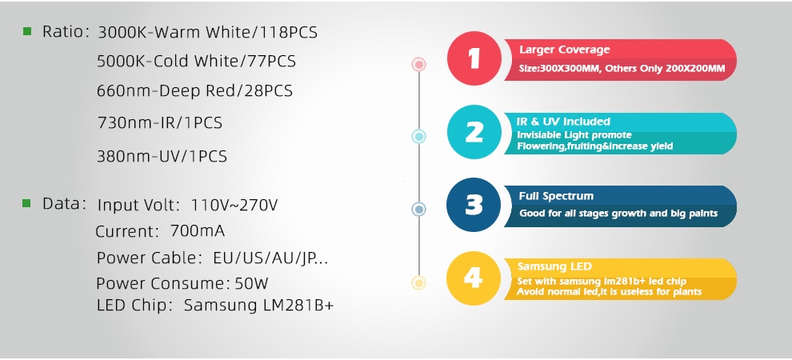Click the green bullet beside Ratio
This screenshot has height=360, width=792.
pyautogui.click(x=27, y=32)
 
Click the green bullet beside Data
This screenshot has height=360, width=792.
pyautogui.click(x=26, y=203)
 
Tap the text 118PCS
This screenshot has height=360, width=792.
pyautogui.click(x=289, y=32)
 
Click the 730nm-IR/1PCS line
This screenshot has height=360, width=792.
pyautogui.click(x=160, y=122)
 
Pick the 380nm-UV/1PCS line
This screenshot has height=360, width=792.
pyautogui.click(x=162, y=156)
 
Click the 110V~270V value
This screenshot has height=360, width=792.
pyautogui.click(x=234, y=205)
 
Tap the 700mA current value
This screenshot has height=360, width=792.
pyautogui.click(x=198, y=230)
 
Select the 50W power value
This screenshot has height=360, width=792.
pyautogui.click(x=251, y=283)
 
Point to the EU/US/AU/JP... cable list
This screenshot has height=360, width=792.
pyautogui.click(x=270, y=258)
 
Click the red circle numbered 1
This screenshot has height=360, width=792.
pyautogui.click(x=474, y=58)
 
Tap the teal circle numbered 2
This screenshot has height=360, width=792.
pyautogui.click(x=474, y=132)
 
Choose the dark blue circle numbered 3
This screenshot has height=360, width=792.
pyautogui.click(x=474, y=205)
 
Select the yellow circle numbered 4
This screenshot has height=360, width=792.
pyautogui.click(x=474, y=278)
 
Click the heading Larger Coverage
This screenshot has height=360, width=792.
pyautogui.click(x=565, y=50)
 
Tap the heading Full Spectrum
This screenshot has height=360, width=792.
pyautogui.click(x=556, y=197)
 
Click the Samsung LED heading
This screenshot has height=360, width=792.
pyautogui.click(x=554, y=266)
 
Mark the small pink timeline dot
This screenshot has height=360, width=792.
pyautogui.click(x=418, y=65)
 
